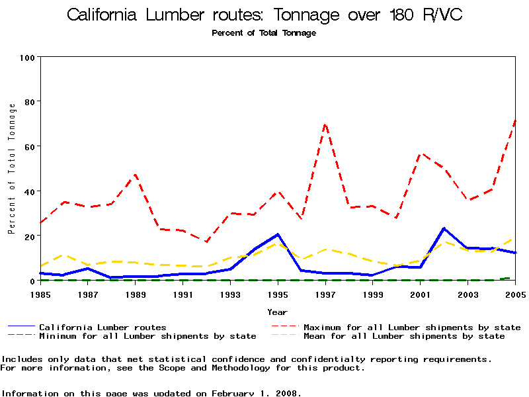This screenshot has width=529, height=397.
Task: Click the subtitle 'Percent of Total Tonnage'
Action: pyautogui.click(x=264, y=33)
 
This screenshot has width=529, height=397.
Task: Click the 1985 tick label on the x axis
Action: pyautogui.click(x=41, y=294)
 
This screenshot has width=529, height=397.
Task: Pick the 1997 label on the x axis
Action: pyautogui.click(x=325, y=294)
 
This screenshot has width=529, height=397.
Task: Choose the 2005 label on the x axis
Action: pyautogui.click(x=515, y=294)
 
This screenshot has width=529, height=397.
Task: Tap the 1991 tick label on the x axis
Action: pyautogui.click(x=183, y=294)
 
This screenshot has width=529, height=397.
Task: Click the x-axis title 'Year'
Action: pyautogui.click(x=278, y=312)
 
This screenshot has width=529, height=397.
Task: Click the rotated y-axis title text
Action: pyautogui.click(x=11, y=169)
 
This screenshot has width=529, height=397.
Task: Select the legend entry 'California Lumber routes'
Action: pyautogui.click(x=102, y=327)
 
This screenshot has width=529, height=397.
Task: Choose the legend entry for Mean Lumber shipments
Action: pyautogui.click(x=403, y=336)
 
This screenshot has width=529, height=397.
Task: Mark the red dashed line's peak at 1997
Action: pyautogui.click(x=325, y=124)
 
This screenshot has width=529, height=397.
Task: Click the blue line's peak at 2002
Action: pyautogui.click(x=444, y=228)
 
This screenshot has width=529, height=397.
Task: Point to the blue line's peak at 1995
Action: pyautogui.click(x=278, y=234)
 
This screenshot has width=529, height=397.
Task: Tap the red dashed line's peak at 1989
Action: pyautogui.click(x=136, y=175)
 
